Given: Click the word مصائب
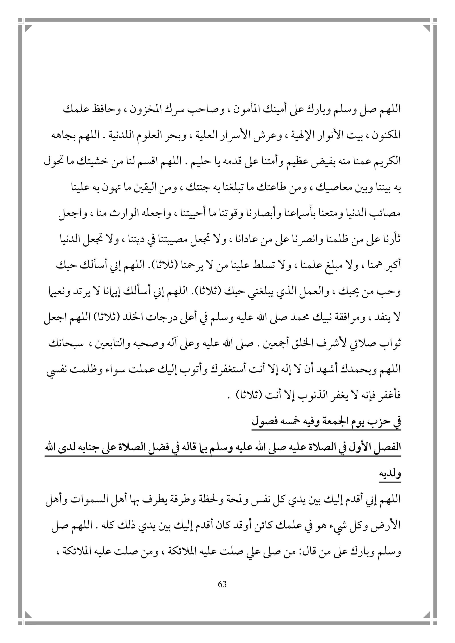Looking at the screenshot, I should point(386,214).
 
